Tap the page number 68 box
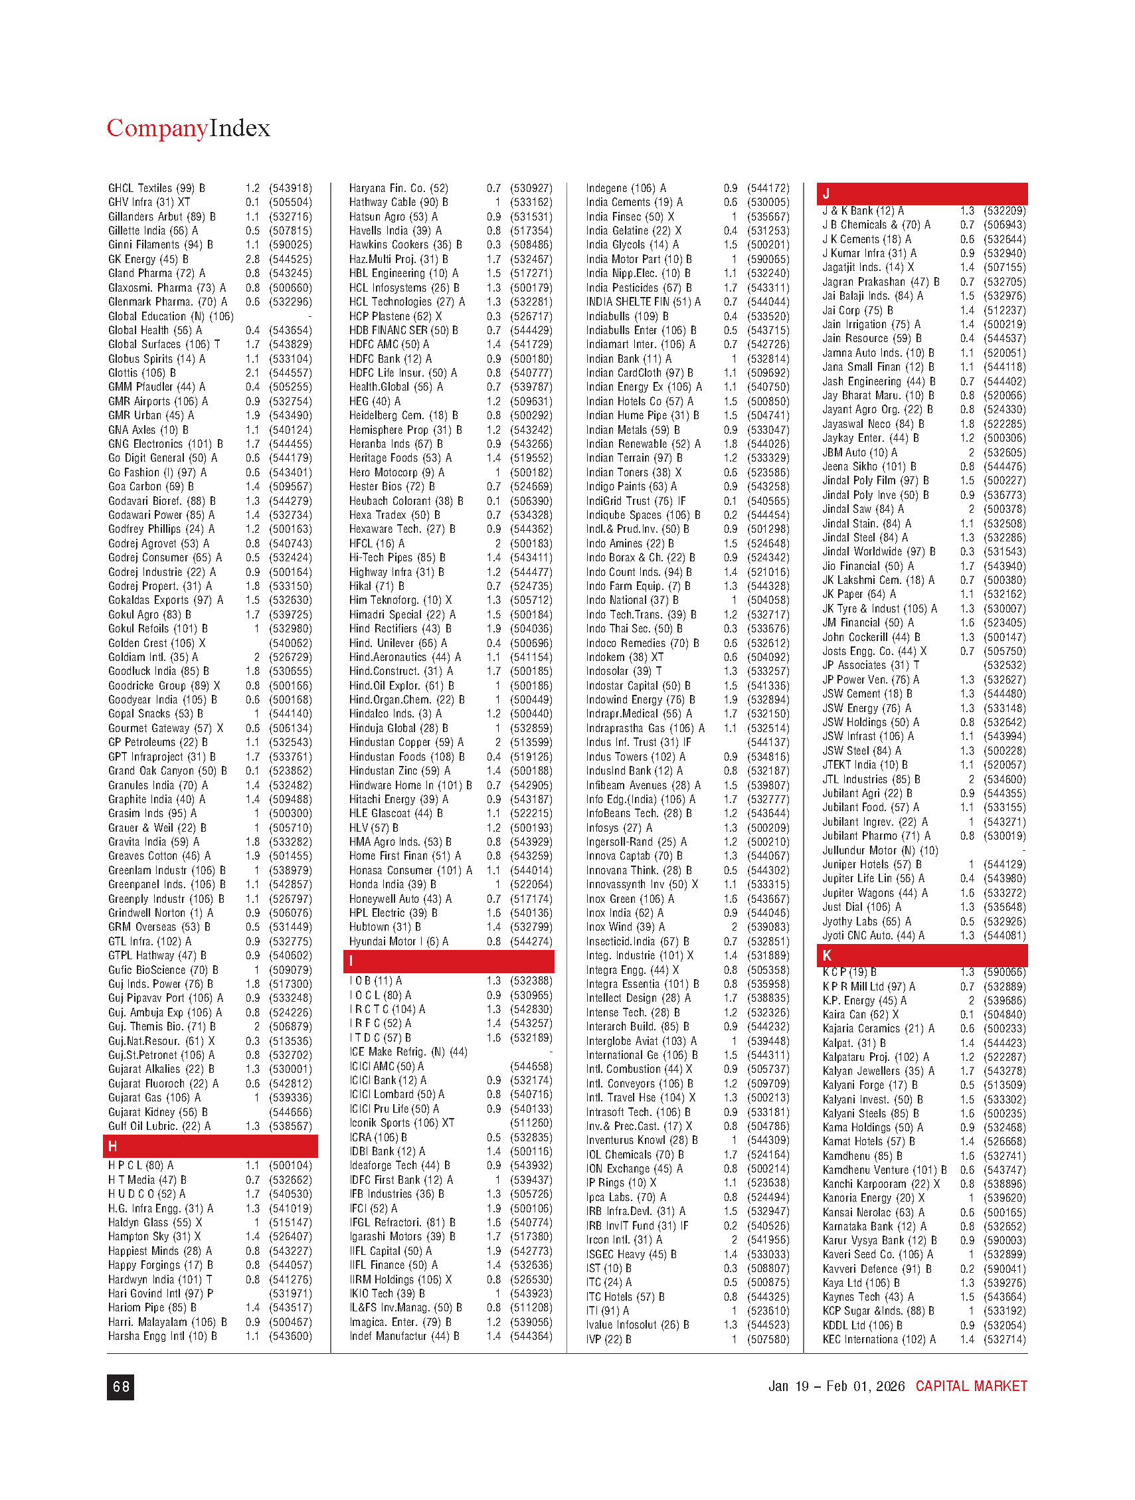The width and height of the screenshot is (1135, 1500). pos(121,1387)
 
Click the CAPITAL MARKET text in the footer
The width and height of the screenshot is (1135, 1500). pos(971,1386)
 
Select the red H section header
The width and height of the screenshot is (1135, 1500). pos(210,1146)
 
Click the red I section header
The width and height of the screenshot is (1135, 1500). pos(448,961)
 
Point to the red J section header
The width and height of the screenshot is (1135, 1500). pos(921,194)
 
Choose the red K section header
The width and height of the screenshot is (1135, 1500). pos(921,955)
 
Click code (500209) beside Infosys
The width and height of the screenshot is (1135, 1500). pos(768,827)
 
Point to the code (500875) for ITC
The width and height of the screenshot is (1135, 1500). pos(768,1282)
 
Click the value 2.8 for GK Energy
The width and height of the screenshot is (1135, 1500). pos(253,259)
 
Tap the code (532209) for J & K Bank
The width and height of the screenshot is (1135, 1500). pos(1005,211)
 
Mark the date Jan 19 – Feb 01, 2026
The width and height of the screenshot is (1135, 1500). pos(836,1386)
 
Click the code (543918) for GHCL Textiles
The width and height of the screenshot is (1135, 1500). pos(290,188)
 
